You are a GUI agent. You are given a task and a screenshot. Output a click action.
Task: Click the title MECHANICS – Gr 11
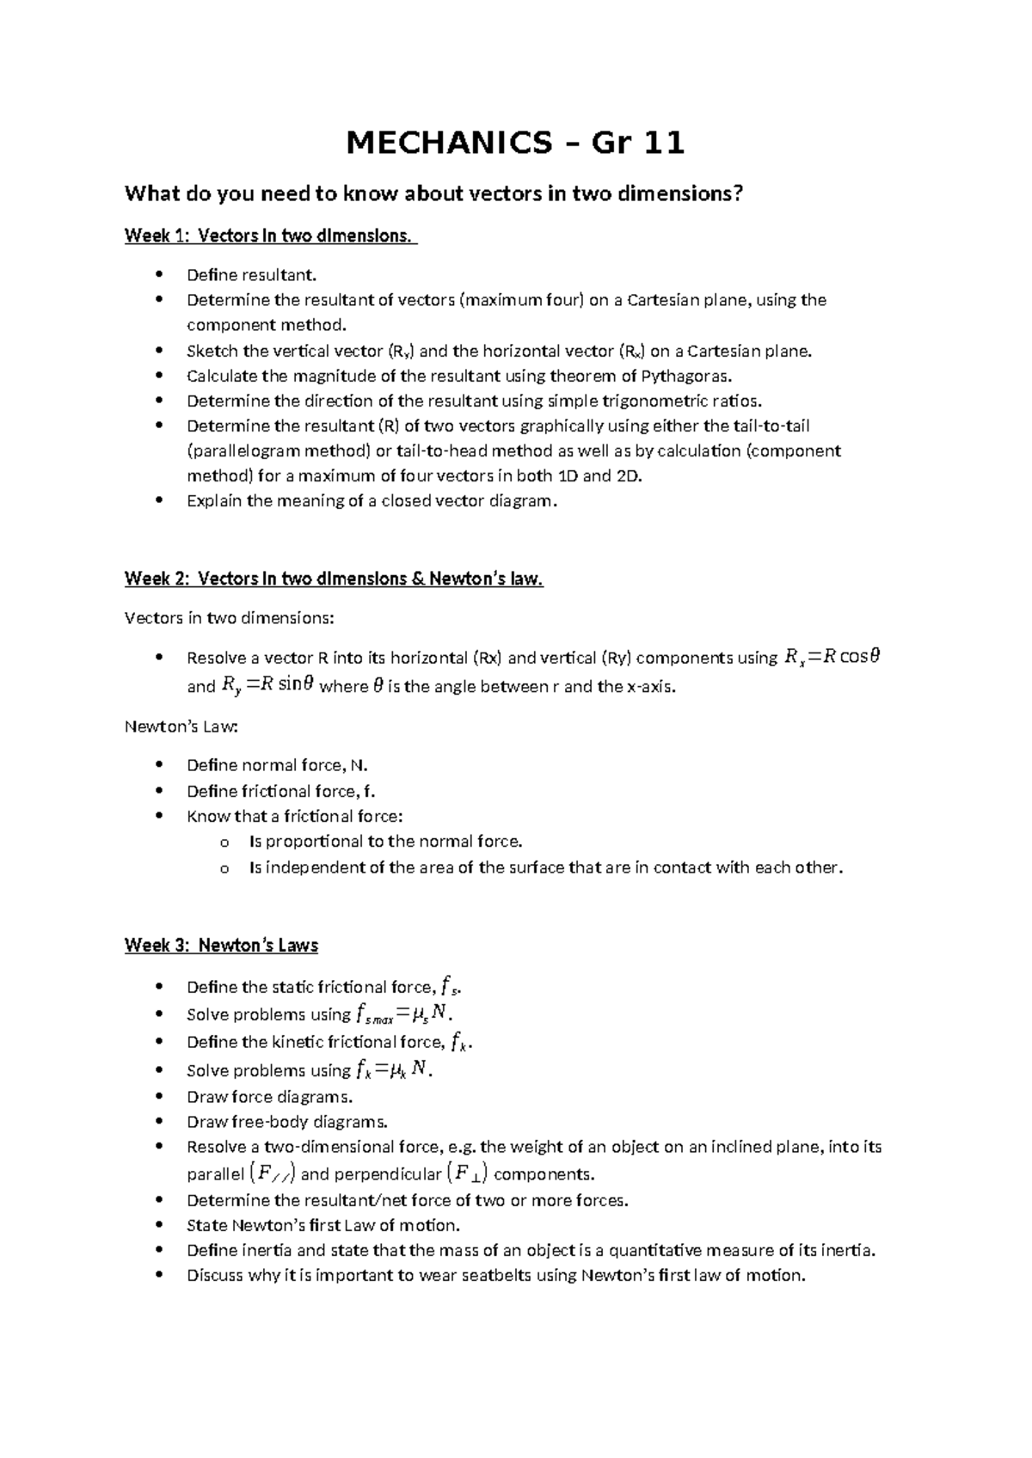click(x=515, y=143)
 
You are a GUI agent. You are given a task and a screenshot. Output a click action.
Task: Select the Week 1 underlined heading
click(x=270, y=236)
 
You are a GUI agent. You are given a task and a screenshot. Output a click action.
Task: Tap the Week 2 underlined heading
click(x=334, y=579)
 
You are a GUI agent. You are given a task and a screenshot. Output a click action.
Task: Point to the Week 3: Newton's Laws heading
click(x=221, y=946)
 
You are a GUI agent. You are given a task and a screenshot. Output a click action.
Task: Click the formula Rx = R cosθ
click(x=832, y=658)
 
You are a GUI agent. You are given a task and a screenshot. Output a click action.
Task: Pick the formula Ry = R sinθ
click(x=267, y=685)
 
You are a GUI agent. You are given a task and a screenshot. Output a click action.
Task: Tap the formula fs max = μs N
click(x=401, y=1014)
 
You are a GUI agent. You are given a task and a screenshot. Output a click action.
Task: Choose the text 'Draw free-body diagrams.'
click(x=287, y=1121)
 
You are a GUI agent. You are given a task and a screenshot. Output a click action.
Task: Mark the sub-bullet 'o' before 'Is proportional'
click(x=225, y=842)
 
